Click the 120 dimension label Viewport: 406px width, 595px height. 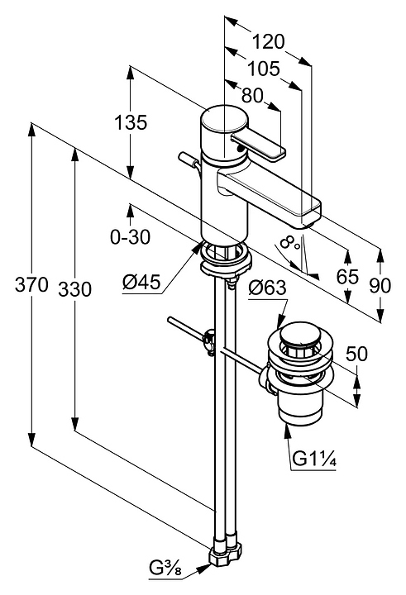268,41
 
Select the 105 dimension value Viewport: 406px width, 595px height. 264,69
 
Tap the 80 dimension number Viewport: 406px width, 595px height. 252,96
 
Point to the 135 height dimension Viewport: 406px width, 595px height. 131,122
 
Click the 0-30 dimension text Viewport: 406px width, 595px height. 131,237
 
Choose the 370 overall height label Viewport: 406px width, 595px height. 31,284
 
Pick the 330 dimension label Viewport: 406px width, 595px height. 74,289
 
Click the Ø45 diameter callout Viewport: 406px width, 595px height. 141,282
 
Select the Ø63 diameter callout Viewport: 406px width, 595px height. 267,288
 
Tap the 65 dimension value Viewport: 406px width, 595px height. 347,276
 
